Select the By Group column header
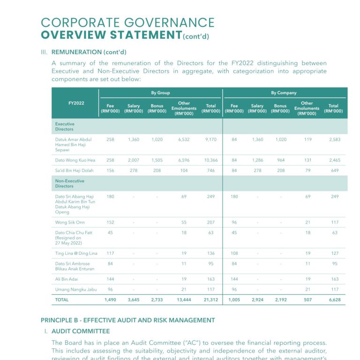[x=160, y=93]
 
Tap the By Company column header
[x=284, y=93]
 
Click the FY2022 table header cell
[x=76, y=103]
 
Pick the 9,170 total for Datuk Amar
[x=211, y=140]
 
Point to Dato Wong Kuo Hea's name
[x=75, y=160]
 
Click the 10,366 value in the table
[x=211, y=160]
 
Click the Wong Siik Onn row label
[x=70, y=222]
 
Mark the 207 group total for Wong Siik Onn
[x=211, y=222]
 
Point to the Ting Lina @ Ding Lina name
[x=76, y=254]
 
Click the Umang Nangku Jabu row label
[x=75, y=289]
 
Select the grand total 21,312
[x=211, y=300]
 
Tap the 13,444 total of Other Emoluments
[x=184, y=300]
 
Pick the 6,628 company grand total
[x=335, y=300]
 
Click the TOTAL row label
[x=62, y=300]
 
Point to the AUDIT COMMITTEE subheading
[x=81, y=331]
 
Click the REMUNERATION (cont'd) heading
[x=89, y=52]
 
